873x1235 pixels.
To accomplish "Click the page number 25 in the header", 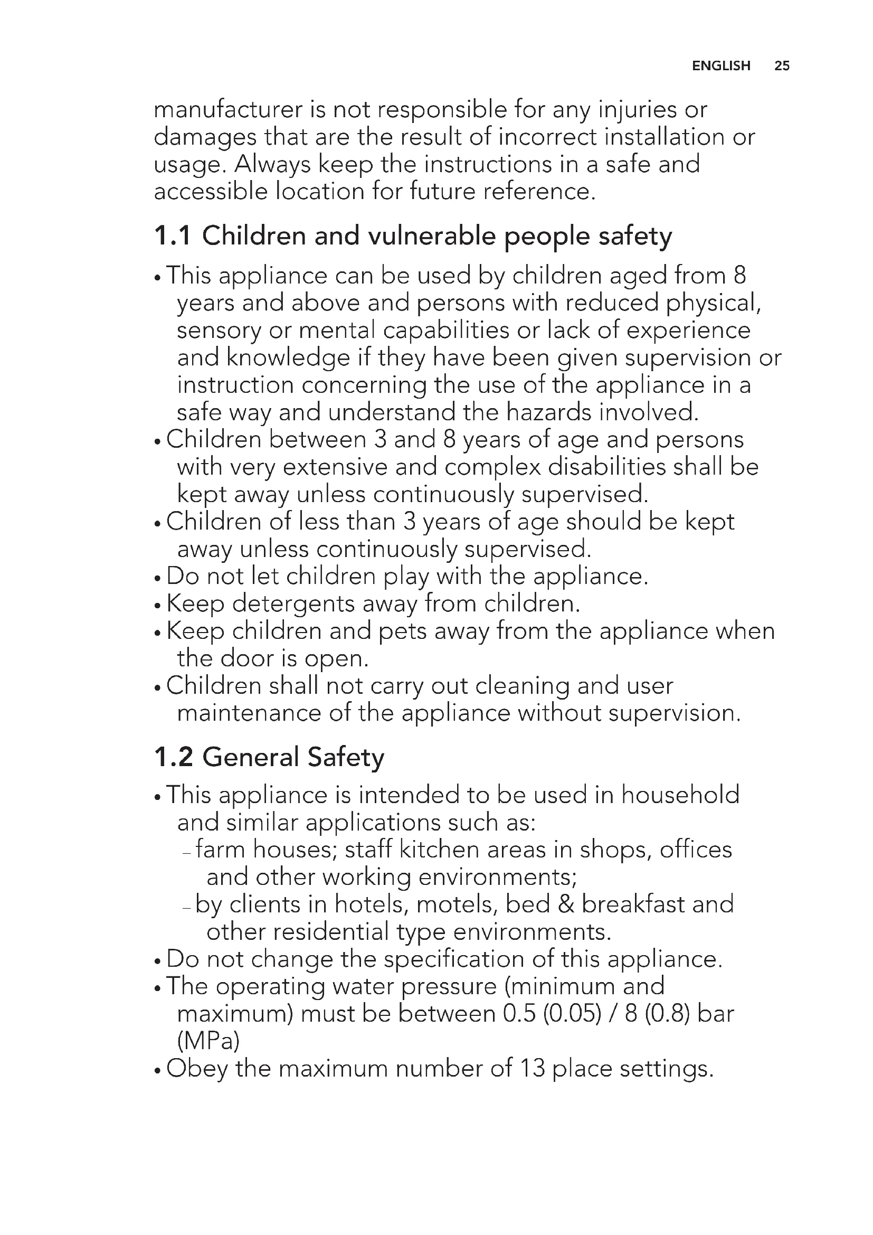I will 782,65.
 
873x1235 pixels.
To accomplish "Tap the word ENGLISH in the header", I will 721,65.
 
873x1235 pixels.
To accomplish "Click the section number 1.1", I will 172,235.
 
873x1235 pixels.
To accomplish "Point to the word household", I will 680,795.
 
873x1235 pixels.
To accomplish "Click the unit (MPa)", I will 208,1041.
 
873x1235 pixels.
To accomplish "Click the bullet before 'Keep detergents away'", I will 157,605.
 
